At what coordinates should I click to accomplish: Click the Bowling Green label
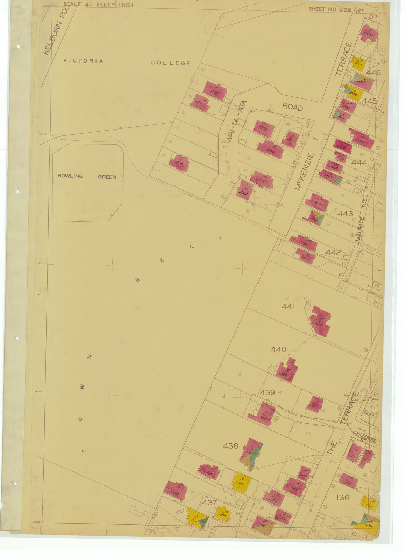87,176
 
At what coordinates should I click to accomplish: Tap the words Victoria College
127,62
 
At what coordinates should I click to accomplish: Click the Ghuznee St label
365,437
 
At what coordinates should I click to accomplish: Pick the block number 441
289,307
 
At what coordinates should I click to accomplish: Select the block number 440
278,350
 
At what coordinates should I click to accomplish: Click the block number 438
230,446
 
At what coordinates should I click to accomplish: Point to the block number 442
333,252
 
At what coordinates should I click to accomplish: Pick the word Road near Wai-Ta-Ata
292,107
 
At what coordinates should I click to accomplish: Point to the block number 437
209,503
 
